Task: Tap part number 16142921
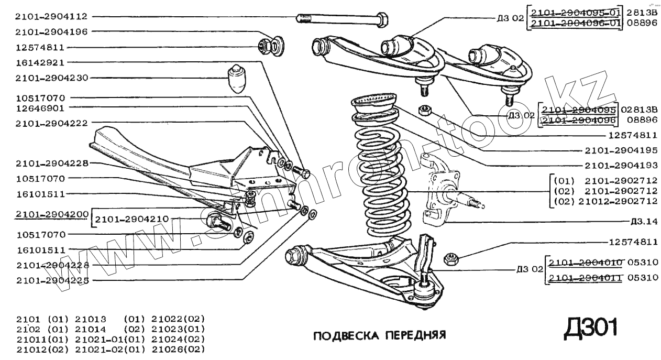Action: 40,62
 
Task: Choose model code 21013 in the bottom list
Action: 92,319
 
